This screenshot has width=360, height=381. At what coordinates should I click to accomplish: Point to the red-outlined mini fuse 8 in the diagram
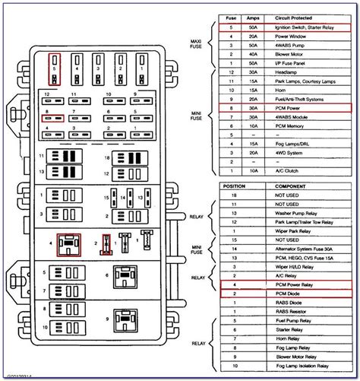tap(52, 117)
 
